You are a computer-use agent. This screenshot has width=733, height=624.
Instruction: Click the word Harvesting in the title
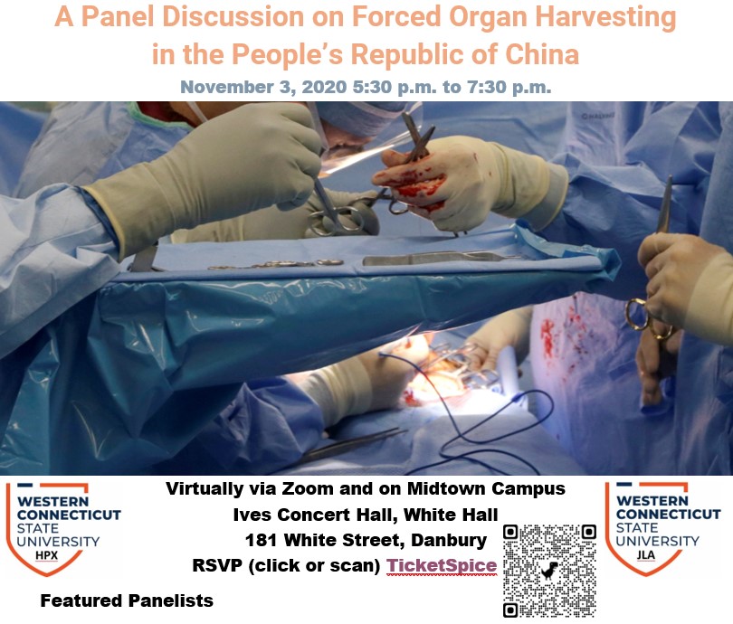pyautogui.click(x=605, y=17)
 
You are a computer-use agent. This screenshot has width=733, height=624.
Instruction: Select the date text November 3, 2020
pyautogui.click(x=263, y=88)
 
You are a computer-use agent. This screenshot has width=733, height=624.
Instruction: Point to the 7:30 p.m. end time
pyautogui.click(x=509, y=88)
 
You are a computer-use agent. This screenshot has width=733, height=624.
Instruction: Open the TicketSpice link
pyautogui.click(x=442, y=565)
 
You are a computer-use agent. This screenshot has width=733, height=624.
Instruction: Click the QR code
pyautogui.click(x=549, y=571)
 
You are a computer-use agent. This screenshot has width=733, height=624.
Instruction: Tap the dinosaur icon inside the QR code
pyautogui.click(x=549, y=571)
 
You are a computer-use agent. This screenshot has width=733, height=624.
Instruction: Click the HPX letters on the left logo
pyautogui.click(x=47, y=555)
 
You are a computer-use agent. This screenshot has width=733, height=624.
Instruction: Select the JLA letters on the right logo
pyautogui.click(x=645, y=555)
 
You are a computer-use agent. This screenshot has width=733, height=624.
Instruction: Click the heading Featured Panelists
pyautogui.click(x=127, y=600)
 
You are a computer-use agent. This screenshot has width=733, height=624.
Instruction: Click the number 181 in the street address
pyautogui.click(x=262, y=541)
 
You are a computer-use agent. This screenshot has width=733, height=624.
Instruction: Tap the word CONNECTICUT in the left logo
pyautogui.click(x=69, y=515)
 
